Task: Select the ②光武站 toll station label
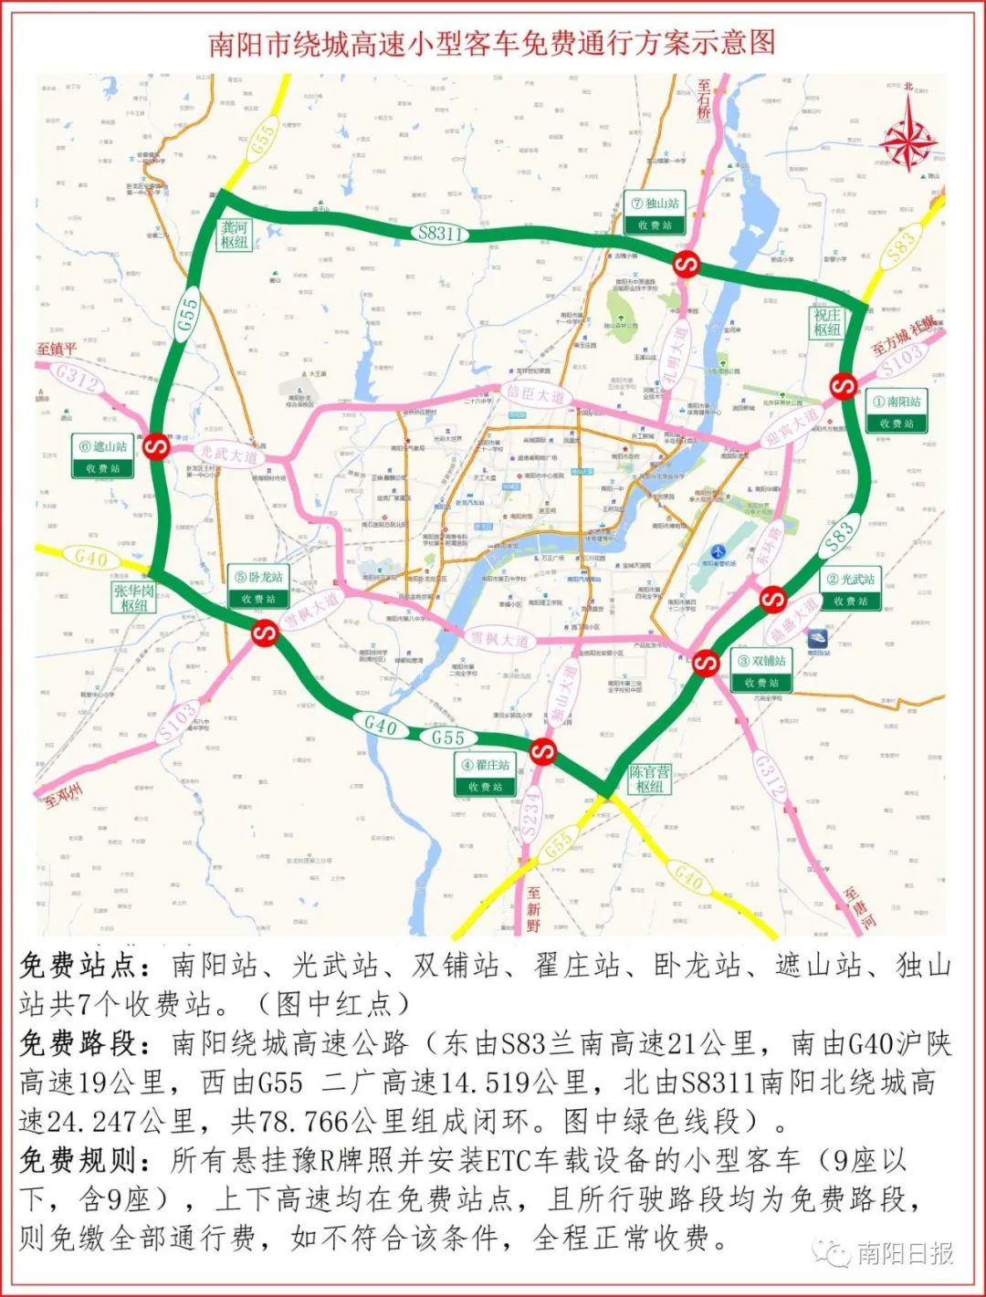850,590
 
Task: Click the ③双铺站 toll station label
761,671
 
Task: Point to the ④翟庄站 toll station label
485,775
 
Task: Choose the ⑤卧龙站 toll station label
258,587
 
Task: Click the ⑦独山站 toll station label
655,214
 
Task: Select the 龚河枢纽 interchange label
234,235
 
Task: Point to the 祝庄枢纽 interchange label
826,321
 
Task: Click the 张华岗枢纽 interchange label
133,598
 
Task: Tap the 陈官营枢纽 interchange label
649,779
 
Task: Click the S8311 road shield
441,233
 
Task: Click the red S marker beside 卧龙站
266,633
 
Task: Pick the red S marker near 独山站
686,266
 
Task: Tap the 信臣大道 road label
534,395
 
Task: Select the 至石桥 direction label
704,99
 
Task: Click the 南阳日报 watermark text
904,1253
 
